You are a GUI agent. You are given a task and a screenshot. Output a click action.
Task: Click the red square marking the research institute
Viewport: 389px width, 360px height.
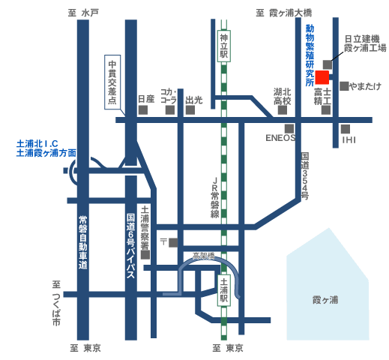(322, 77)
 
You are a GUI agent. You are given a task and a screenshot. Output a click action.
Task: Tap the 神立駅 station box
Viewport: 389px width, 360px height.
(224, 46)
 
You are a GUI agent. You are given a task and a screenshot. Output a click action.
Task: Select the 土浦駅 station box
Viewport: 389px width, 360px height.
(224, 290)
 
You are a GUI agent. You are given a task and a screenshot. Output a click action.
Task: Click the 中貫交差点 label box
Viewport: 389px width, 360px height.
(112, 82)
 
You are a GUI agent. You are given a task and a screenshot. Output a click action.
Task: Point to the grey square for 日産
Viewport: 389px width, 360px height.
(143, 110)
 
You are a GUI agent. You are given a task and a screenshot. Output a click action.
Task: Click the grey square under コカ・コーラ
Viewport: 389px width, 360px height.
(170, 110)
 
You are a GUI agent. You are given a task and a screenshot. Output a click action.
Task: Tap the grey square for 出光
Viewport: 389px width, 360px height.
(190, 110)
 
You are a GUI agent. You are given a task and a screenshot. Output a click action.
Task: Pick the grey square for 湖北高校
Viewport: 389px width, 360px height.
(283, 110)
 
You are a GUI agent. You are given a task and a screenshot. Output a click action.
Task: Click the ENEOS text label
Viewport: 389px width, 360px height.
(280, 138)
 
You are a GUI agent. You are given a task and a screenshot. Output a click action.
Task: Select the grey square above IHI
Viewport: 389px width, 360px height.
(346, 129)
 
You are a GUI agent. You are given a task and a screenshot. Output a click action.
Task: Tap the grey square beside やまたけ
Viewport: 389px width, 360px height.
(344, 86)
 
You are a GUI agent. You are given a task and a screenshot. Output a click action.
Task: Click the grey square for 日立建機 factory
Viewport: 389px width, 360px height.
(328, 64)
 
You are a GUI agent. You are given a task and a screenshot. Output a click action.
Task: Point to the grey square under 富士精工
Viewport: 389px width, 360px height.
(326, 110)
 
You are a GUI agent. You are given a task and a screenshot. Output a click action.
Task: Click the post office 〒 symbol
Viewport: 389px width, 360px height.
(163, 241)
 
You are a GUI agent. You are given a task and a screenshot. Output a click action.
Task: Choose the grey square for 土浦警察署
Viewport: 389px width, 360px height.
(145, 255)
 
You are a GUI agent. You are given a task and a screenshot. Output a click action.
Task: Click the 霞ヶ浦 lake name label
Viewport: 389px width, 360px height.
(325, 300)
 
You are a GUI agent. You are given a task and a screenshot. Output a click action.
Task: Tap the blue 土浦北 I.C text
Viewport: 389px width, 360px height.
(37, 144)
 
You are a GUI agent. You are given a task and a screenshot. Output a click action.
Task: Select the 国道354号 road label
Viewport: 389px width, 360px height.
(305, 176)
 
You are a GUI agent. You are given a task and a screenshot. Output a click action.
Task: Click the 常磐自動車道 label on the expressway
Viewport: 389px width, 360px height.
(83, 242)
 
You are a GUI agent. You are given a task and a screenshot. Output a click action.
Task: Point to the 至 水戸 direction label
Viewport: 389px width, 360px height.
(83, 13)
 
